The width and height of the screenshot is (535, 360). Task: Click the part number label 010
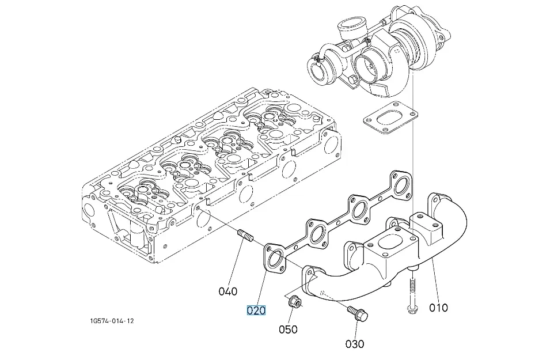click(438, 308)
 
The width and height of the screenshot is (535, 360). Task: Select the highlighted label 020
click(256, 310)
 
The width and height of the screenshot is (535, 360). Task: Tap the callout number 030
click(355, 344)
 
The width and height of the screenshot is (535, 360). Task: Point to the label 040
click(228, 291)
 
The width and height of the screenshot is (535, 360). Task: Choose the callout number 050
click(289, 329)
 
